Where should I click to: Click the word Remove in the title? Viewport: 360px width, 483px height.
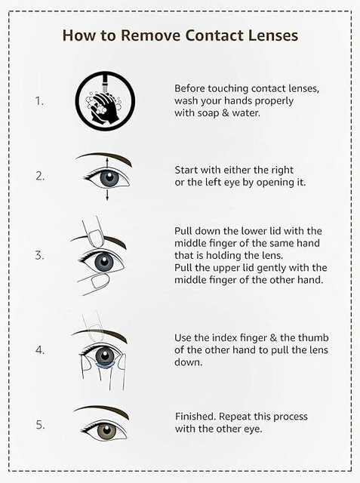coord(150,35)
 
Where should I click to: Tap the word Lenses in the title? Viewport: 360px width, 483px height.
coord(273,35)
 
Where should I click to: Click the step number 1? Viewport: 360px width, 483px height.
coord(39,101)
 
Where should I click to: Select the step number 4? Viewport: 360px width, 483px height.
coord(40,350)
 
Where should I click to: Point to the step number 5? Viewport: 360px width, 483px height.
coord(40,425)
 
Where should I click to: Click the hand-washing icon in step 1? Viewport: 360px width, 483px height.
coord(105,101)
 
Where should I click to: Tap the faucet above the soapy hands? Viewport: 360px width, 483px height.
coord(105,83)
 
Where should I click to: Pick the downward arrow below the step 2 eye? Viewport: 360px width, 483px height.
coord(107,195)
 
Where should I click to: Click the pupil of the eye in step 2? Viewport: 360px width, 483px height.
coord(110,177)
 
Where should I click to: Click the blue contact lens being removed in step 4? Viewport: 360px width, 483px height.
coord(106,366)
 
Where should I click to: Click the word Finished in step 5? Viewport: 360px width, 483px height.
coord(195,417)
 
